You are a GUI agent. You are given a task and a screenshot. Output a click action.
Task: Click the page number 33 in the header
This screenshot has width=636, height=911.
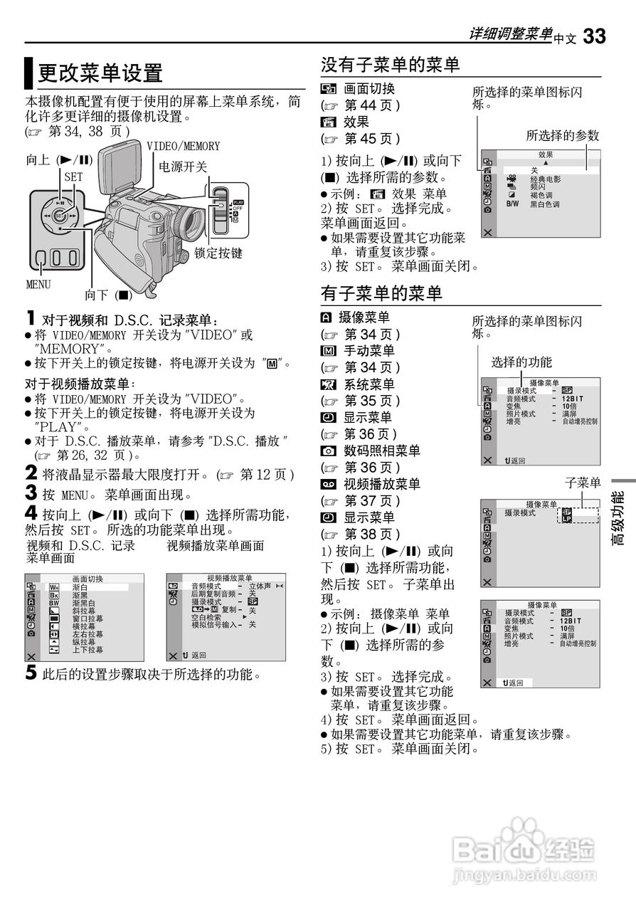tap(594, 36)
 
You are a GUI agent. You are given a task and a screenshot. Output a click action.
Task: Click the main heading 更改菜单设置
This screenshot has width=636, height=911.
tap(100, 73)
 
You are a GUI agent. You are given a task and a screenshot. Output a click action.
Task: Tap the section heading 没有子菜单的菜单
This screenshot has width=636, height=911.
tap(391, 65)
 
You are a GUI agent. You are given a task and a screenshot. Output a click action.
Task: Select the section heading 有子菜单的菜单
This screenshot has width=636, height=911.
tap(381, 293)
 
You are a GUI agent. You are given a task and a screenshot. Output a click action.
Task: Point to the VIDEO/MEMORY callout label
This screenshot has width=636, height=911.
tap(184, 146)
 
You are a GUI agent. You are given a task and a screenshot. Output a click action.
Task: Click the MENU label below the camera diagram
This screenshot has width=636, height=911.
tap(38, 285)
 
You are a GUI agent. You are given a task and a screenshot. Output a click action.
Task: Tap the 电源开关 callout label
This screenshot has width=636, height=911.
tap(182, 167)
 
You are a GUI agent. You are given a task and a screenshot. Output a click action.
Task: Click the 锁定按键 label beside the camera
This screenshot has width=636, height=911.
tap(218, 253)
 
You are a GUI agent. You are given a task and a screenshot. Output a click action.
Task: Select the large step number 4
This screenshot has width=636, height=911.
tap(31, 513)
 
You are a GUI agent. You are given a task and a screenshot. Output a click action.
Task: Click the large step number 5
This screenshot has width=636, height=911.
tap(31, 673)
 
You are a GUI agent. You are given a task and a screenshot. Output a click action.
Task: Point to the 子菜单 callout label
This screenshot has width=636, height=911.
tap(583, 483)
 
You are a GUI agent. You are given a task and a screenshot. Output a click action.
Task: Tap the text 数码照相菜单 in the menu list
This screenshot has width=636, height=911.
tap(382, 451)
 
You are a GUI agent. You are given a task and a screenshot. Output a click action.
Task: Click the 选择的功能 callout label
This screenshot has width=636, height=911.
tap(521, 362)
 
